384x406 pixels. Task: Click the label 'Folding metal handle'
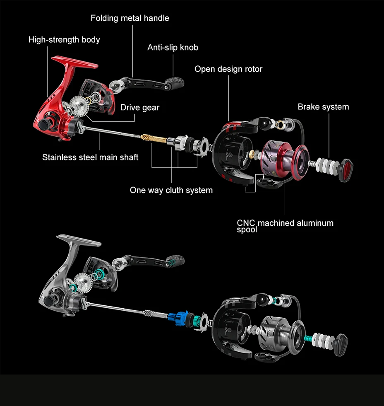tap(130, 18)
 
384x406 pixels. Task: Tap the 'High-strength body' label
tap(64, 40)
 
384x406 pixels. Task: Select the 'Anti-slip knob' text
tap(173, 47)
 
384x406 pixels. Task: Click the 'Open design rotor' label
tap(228, 69)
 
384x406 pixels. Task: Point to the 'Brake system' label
tap(323, 107)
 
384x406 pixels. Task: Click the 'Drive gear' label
tap(139, 108)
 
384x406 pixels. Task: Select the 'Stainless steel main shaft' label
tap(90, 157)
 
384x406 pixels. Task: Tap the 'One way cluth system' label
tap(171, 190)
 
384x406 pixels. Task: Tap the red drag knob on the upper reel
tap(346, 170)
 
